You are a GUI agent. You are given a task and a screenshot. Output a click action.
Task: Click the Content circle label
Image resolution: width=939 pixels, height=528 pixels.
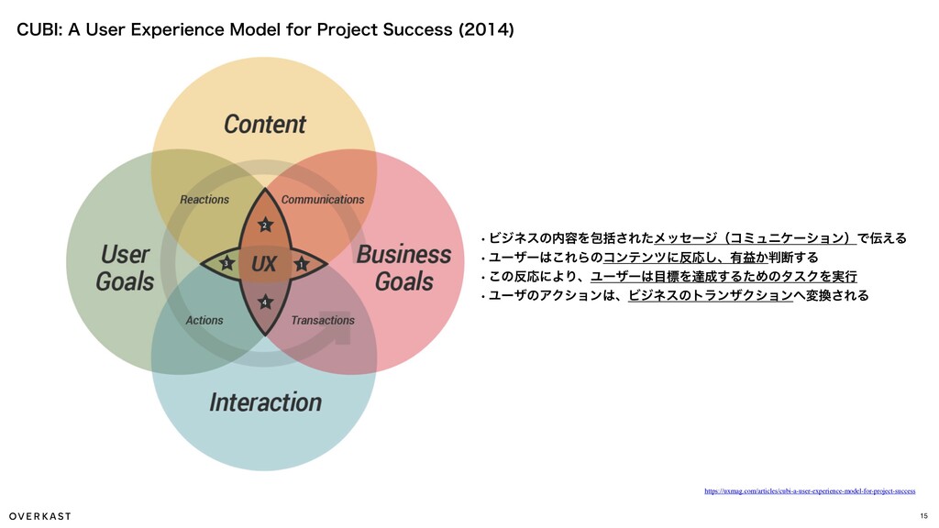tap(264, 125)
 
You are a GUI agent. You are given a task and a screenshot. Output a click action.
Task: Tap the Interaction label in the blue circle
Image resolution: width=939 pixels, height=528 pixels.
tap(265, 402)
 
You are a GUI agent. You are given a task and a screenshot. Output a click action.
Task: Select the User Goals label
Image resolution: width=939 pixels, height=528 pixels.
tap(125, 268)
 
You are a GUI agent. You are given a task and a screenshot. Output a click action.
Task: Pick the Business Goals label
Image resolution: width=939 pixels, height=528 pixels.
tap(403, 268)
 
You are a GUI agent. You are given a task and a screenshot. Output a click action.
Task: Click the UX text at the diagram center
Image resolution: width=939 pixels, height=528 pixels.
tap(264, 265)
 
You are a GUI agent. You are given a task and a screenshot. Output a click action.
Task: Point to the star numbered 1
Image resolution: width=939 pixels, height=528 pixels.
tap(301, 265)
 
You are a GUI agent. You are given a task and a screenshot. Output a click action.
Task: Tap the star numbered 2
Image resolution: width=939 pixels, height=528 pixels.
tap(264, 225)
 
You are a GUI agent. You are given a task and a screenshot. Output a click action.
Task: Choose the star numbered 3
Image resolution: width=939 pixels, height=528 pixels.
tap(226, 265)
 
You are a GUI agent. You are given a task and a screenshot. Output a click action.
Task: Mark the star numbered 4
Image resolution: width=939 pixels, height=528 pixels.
tap(264, 302)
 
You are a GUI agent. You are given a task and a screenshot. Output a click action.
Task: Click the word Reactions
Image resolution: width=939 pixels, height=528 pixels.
tap(204, 199)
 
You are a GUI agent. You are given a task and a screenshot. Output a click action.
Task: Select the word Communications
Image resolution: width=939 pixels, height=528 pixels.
tap(322, 199)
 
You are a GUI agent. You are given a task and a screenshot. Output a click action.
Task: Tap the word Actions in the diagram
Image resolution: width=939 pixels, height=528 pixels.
tap(204, 320)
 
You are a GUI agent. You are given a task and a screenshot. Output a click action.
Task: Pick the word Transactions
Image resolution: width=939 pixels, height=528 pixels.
tap(322, 320)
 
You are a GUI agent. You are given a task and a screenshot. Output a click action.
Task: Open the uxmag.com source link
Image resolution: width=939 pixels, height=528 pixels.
tap(809, 491)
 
